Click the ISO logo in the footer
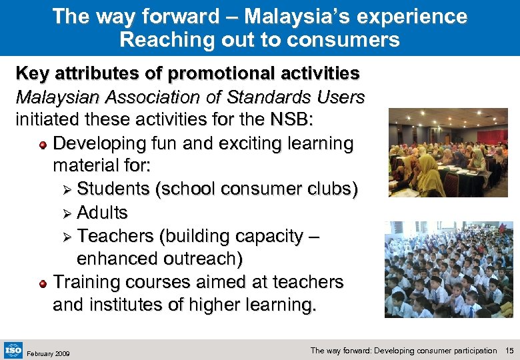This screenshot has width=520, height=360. pyautogui.click(x=13, y=349)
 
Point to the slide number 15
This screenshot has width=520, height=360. pyautogui.click(x=510, y=351)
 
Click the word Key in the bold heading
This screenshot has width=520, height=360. pyautogui.click(x=31, y=73)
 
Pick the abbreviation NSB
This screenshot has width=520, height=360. pyautogui.click(x=323, y=120)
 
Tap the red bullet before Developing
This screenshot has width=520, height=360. pyautogui.click(x=43, y=144)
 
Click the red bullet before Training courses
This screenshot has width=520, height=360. pyautogui.click(x=43, y=283)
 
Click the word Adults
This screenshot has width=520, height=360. pyautogui.click(x=102, y=213)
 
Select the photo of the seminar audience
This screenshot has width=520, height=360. pyautogui.click(x=448, y=153)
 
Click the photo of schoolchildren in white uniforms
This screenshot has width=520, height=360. pyautogui.click(x=449, y=269)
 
